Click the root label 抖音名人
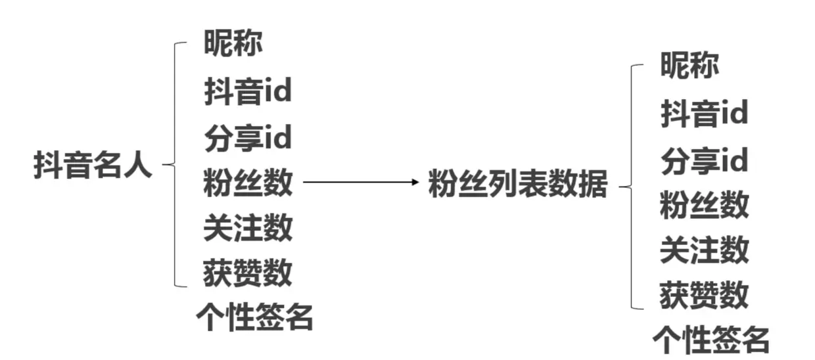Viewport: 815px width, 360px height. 93,166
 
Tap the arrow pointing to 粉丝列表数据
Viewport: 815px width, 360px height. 359,182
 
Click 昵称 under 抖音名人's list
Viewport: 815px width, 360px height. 233,45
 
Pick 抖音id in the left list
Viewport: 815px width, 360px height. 247,92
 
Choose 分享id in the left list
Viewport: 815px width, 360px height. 247,138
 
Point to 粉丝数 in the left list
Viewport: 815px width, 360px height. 248,183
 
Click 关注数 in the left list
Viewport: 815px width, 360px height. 248,228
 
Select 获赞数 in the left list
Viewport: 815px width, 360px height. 248,272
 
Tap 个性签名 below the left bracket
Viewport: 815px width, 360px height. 254,317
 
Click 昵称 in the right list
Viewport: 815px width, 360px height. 690,66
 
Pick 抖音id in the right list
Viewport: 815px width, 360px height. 704,114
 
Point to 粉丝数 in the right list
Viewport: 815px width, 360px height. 705,206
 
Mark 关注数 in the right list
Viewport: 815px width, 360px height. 705,250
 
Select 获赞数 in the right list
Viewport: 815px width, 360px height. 705,295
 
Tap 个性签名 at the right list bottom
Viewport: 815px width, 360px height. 710,339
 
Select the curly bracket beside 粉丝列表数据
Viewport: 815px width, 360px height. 632,187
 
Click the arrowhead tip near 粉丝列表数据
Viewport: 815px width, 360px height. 417,182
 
